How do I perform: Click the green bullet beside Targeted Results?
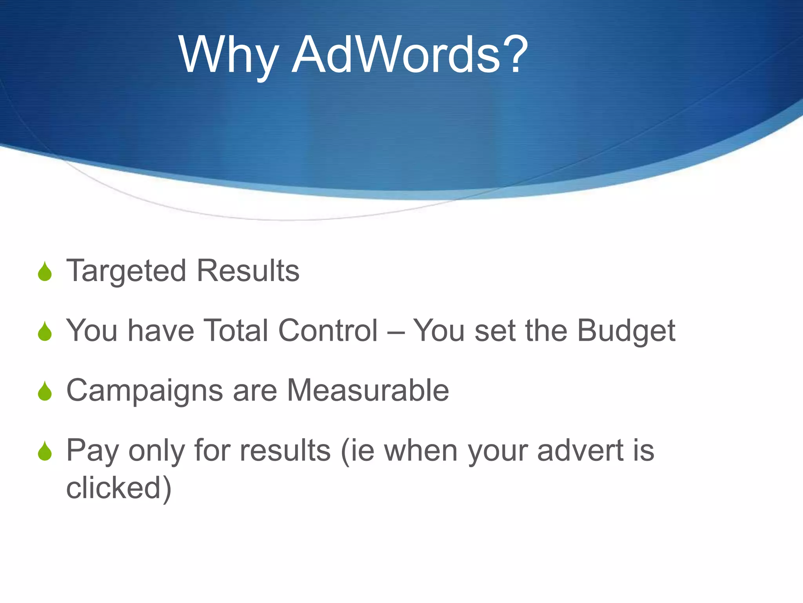[x=45, y=272]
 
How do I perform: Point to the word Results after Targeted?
[x=248, y=271]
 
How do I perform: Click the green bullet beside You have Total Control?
[x=45, y=331]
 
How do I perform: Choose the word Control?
[x=328, y=331]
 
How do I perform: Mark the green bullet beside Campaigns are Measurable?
[x=45, y=391]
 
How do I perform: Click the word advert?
[x=580, y=451]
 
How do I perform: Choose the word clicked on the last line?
[x=114, y=488]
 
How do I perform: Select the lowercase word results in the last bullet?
[x=285, y=451]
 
